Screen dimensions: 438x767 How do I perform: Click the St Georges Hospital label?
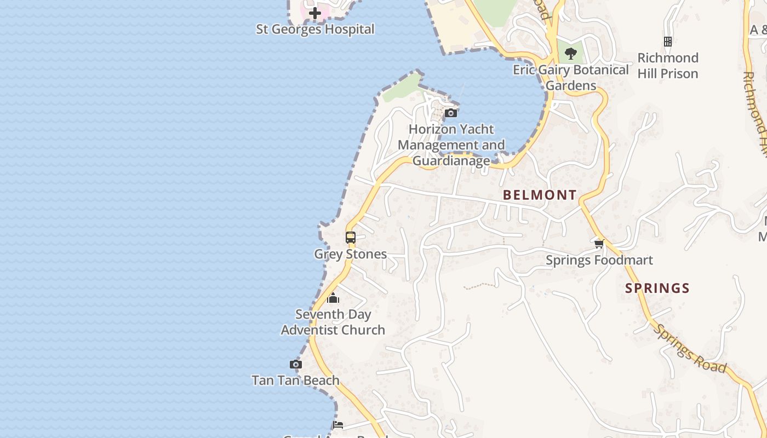click(x=315, y=29)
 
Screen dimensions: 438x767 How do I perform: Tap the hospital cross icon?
click(x=315, y=13)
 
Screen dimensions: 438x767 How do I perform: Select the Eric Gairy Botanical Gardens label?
click(x=571, y=77)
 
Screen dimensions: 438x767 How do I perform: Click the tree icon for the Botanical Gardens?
click(x=571, y=53)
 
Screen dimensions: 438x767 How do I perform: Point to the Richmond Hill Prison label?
click(x=668, y=66)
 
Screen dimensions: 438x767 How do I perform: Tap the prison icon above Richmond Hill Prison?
click(x=668, y=42)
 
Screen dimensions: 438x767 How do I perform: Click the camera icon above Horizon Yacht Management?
click(x=451, y=113)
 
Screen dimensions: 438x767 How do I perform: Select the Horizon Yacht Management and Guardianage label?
click(x=451, y=145)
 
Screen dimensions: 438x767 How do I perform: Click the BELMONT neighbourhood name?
click(x=540, y=195)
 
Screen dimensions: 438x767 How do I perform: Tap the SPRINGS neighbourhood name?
click(x=657, y=288)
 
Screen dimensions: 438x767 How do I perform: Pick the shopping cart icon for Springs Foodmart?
click(x=599, y=244)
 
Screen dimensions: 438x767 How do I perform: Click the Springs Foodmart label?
click(x=599, y=260)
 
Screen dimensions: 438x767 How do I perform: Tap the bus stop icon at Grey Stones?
click(x=351, y=238)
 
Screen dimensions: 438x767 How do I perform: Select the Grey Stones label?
click(x=351, y=254)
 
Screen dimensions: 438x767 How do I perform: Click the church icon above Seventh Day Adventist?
click(x=333, y=298)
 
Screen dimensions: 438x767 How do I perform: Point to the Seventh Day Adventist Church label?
click(x=333, y=322)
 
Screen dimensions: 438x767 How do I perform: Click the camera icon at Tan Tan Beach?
click(x=296, y=364)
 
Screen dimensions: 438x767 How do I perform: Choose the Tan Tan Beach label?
click(x=296, y=380)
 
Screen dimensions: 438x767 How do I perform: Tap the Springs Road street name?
click(x=691, y=348)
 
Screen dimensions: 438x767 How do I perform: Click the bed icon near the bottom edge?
click(x=338, y=425)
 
